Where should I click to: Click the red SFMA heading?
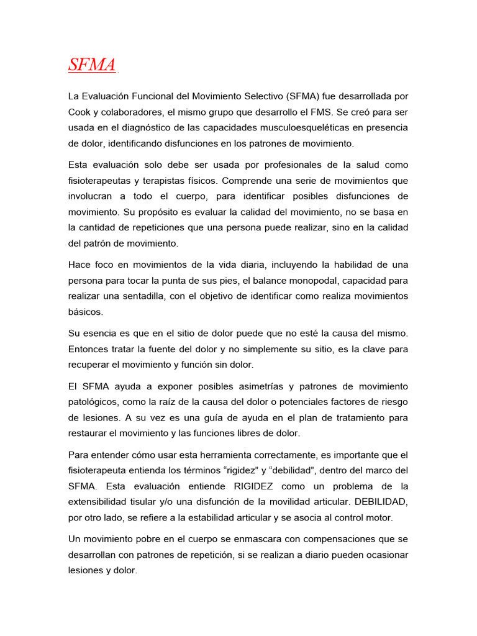(92, 65)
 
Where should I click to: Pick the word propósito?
(160, 212)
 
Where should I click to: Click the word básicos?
(86, 311)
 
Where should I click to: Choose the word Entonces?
(88, 349)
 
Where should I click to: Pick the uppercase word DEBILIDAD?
(379, 501)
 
